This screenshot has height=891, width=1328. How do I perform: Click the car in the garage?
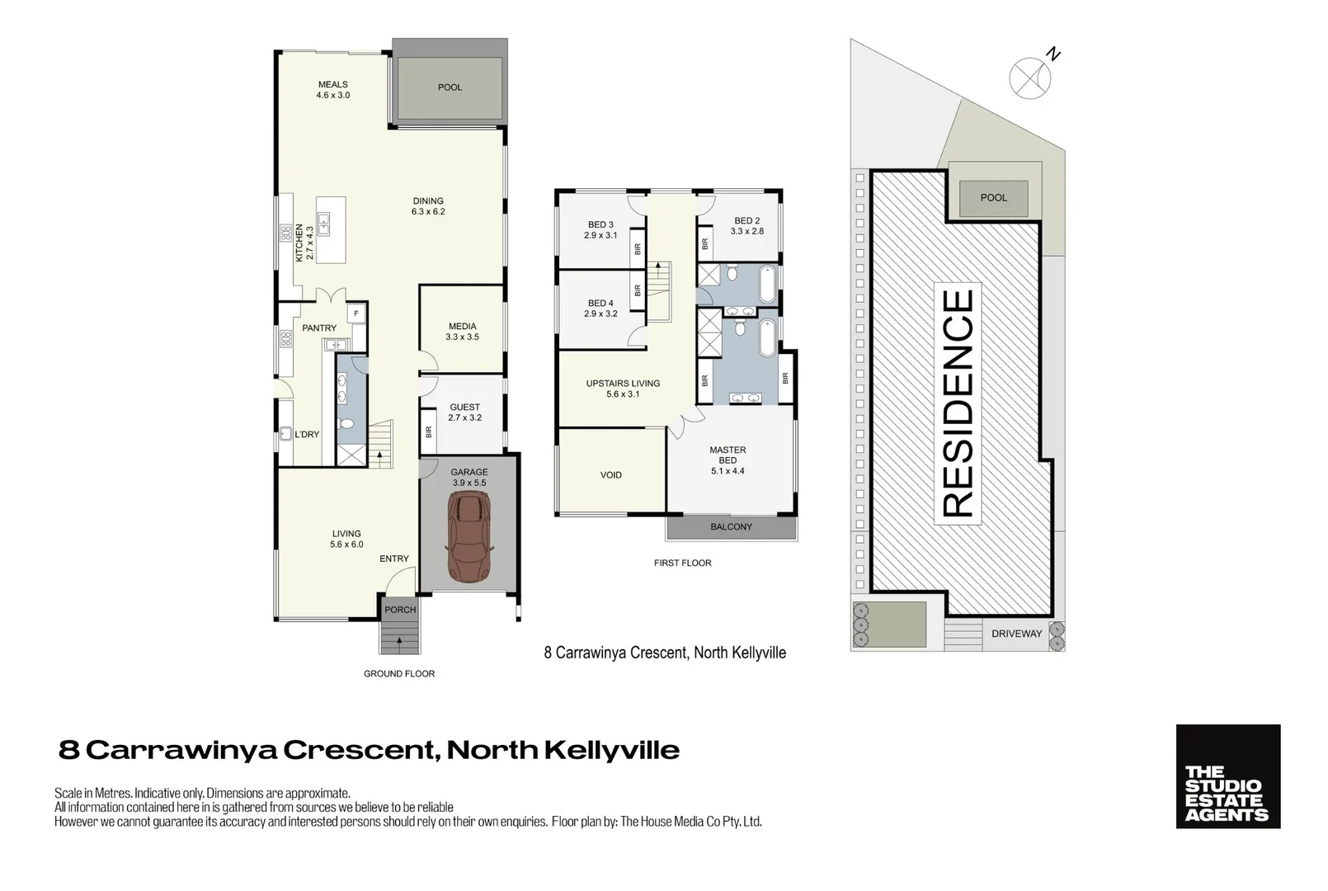pyautogui.click(x=469, y=537)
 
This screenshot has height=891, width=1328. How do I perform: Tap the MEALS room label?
pyautogui.click(x=332, y=84)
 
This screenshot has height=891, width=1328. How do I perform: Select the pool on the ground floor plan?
pyautogui.click(x=449, y=87)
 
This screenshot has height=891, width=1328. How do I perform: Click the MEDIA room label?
pyautogui.click(x=462, y=327)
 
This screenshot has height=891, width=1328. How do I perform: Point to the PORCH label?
pyautogui.click(x=400, y=610)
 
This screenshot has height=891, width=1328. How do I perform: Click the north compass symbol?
pyautogui.click(x=1030, y=78)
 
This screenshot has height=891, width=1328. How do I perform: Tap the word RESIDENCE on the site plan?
pyautogui.click(x=958, y=403)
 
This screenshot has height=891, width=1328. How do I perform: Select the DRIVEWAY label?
pyautogui.click(x=1016, y=634)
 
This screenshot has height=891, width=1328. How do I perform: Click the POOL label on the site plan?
pyautogui.click(x=993, y=198)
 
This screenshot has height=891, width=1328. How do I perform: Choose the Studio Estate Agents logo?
pyautogui.click(x=1227, y=776)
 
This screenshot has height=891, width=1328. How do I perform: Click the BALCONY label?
pyautogui.click(x=731, y=526)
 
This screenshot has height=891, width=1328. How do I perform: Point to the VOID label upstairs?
pyautogui.click(x=611, y=475)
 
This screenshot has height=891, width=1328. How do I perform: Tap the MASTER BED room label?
pyautogui.click(x=728, y=455)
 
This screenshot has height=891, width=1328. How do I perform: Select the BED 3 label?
pyautogui.click(x=600, y=224)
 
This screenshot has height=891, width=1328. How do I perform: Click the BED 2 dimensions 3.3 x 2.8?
pyautogui.click(x=746, y=232)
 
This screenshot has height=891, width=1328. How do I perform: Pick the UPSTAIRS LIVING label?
pyautogui.click(x=623, y=384)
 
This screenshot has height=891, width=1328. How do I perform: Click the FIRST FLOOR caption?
pyautogui.click(x=682, y=563)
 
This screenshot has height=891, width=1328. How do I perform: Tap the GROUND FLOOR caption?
pyautogui.click(x=399, y=674)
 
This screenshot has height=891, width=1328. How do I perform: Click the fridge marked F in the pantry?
pyautogui.click(x=356, y=313)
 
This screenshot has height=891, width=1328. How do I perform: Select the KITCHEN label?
pyautogui.click(x=299, y=243)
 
